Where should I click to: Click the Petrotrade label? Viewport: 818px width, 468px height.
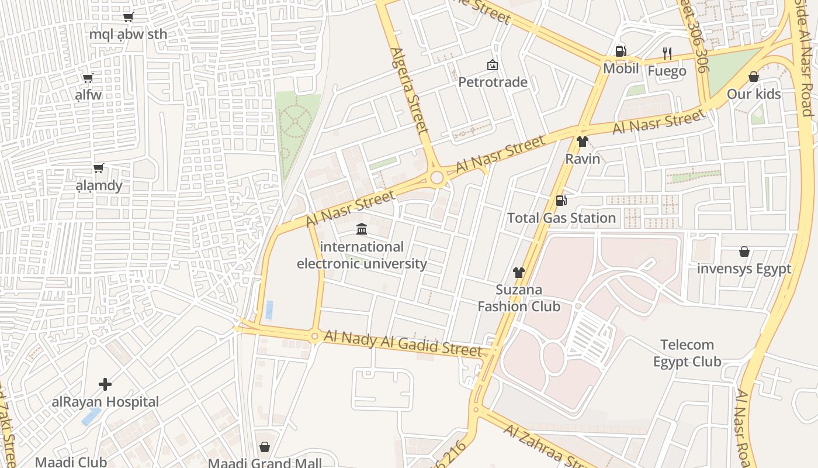coord(493,82)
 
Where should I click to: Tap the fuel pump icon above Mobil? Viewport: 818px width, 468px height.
coord(621,51)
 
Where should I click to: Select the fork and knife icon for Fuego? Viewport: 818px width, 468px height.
coord(667,54)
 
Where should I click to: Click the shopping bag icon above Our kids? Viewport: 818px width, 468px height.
coord(754,77)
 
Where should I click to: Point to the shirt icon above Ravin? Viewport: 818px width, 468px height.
coord(582,141)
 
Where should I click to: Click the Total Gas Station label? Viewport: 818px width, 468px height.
coord(561,218)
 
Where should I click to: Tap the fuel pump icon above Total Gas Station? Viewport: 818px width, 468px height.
coord(561,201)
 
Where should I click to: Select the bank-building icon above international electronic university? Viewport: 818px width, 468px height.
coord(362,229)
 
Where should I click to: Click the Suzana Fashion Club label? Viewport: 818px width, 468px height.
coord(519,298)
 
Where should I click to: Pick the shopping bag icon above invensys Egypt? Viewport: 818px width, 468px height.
coord(744,252)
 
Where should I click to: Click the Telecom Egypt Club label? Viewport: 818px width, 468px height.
coord(687,353)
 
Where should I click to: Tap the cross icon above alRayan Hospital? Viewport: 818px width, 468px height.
coord(105,384)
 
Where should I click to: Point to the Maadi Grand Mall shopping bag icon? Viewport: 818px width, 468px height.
coord(265,447)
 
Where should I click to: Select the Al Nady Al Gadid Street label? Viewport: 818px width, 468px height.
coord(403,343)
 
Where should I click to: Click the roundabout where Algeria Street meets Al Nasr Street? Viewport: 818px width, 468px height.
coord(436,178)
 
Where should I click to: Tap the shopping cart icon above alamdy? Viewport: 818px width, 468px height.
coord(99,168)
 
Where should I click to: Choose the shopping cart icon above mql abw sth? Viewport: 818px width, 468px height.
coord(128,17)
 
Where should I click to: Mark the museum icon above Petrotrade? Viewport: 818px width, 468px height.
coord(493,64)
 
